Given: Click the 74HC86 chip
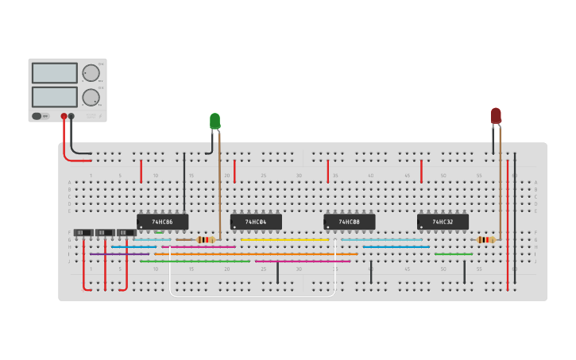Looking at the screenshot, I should (162, 222).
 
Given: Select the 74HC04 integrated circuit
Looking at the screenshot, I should (256, 222).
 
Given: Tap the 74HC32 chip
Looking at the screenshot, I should (443, 222).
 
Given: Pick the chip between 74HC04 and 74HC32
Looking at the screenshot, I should (349, 222).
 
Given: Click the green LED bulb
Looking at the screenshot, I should (215, 121).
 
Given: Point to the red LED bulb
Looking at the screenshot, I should (496, 116).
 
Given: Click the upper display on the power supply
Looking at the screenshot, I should (54, 73).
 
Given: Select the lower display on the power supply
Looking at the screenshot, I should (54, 97).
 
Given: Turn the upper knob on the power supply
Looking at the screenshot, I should (91, 73).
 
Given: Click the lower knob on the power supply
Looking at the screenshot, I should (91, 97).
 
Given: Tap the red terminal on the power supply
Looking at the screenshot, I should (64, 116).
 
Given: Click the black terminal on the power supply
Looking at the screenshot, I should (72, 116).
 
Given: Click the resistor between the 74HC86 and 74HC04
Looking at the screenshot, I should (205, 239).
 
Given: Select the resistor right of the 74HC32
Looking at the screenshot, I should (486, 239).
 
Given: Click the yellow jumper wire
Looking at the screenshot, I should (284, 239).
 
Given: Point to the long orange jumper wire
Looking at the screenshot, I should (254, 254).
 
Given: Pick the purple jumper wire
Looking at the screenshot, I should (119, 254).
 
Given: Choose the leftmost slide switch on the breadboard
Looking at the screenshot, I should (83, 233).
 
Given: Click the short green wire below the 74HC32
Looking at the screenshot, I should (454, 254).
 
